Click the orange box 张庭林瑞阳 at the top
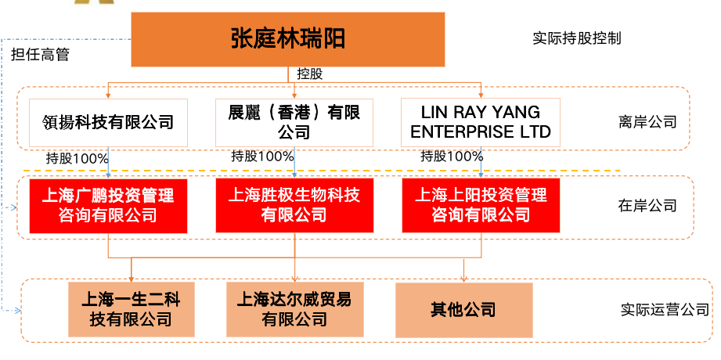click(288, 40)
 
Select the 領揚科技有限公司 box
click(108, 123)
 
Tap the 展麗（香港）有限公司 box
click(294, 123)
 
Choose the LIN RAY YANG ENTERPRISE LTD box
click(481, 123)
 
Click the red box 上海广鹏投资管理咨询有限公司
click(108, 206)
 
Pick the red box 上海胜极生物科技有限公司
click(294, 206)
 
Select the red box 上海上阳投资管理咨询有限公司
click(481, 206)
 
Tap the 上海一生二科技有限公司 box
click(132, 309)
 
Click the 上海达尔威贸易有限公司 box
click(295, 309)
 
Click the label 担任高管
click(41, 55)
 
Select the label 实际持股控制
click(577, 38)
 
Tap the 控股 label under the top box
click(310, 74)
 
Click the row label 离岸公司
click(647, 122)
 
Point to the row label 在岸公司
click(647, 206)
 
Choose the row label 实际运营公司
click(665, 310)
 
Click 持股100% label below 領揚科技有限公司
click(78, 159)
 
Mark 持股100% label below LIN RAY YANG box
click(452, 157)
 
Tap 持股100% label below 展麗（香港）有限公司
click(262, 157)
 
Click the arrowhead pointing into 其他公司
click(464, 279)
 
